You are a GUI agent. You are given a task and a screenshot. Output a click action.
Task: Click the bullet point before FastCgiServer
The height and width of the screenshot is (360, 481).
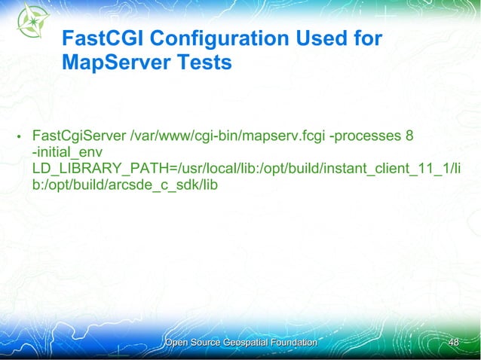(x=19, y=139)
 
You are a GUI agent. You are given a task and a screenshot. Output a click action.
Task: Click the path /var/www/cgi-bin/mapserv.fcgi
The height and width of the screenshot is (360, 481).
(x=228, y=136)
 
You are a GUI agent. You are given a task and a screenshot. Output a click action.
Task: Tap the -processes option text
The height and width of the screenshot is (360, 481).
(x=366, y=136)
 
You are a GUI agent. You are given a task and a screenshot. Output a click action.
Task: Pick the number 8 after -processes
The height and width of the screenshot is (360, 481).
(x=409, y=136)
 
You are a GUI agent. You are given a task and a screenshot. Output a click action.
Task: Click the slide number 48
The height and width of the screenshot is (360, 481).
(x=453, y=343)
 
